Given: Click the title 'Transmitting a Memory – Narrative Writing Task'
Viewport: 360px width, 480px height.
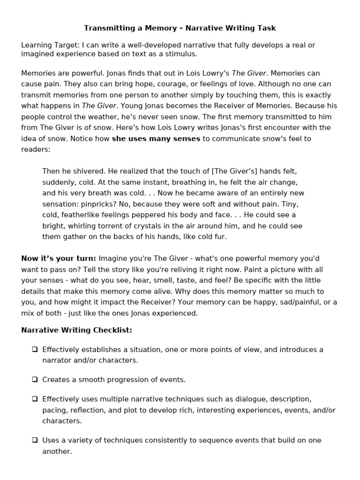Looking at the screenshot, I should pos(180,28).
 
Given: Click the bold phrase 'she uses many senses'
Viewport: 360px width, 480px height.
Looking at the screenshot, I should pos(156,139).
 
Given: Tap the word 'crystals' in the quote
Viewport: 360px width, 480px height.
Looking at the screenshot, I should pos(152,226).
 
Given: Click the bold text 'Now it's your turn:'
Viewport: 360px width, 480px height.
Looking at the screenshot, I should pos(59,259).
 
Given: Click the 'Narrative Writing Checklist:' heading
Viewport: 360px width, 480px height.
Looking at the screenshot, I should pos(76,330).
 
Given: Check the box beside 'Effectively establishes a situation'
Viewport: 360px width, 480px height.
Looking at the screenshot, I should pos(35,349).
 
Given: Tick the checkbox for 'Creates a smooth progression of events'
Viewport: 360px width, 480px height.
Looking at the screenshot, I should pos(35,380).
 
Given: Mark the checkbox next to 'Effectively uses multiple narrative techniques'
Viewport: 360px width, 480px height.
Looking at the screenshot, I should pos(35,399).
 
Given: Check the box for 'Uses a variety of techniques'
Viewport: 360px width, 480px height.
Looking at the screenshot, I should pos(35,440).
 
